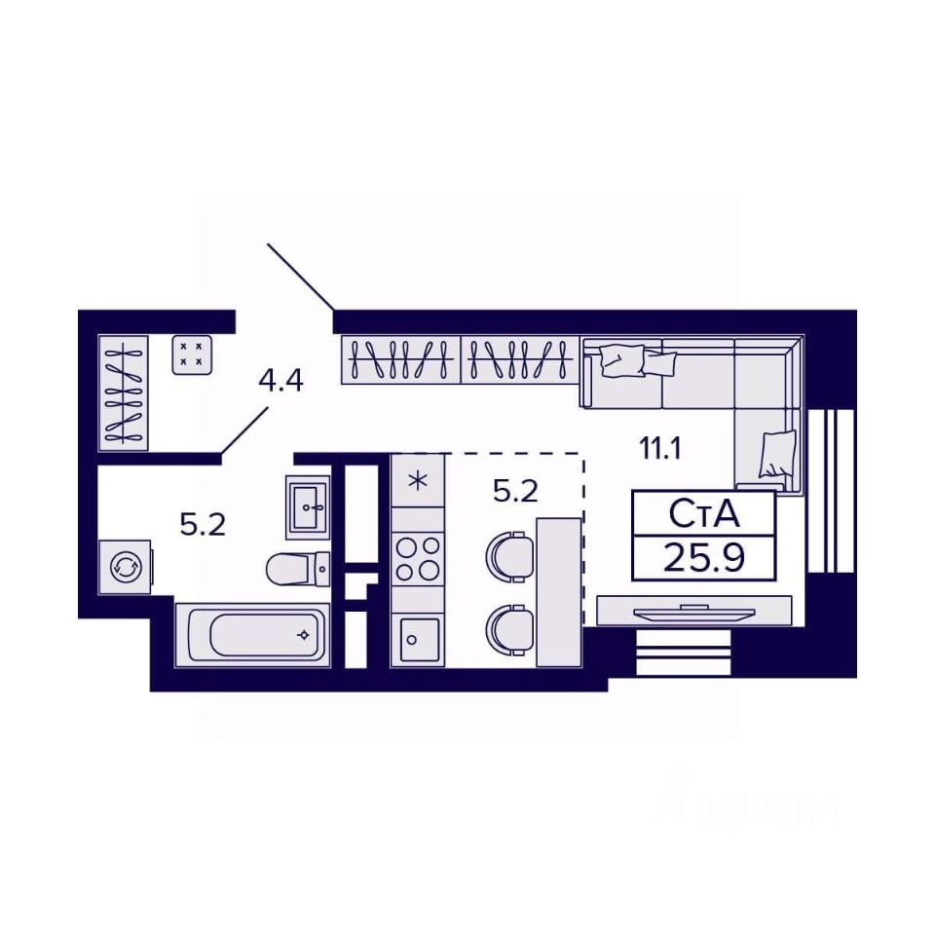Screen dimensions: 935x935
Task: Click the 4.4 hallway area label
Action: (x=280, y=380)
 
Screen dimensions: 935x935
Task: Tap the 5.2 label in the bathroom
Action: (x=203, y=525)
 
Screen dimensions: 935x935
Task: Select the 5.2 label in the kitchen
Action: (x=515, y=492)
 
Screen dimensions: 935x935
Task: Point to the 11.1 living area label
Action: (x=659, y=449)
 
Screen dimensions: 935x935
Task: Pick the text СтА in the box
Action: (x=703, y=512)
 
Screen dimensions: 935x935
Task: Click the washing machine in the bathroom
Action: (x=125, y=566)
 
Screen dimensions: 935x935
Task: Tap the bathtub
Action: (x=253, y=635)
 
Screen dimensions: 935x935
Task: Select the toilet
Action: (x=298, y=568)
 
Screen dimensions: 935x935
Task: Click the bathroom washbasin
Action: (x=308, y=506)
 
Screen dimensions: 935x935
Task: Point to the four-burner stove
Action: (x=417, y=559)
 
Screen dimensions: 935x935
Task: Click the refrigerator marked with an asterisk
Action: (x=418, y=480)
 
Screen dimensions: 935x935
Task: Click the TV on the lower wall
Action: (x=693, y=612)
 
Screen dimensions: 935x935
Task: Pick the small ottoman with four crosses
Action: (x=191, y=355)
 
